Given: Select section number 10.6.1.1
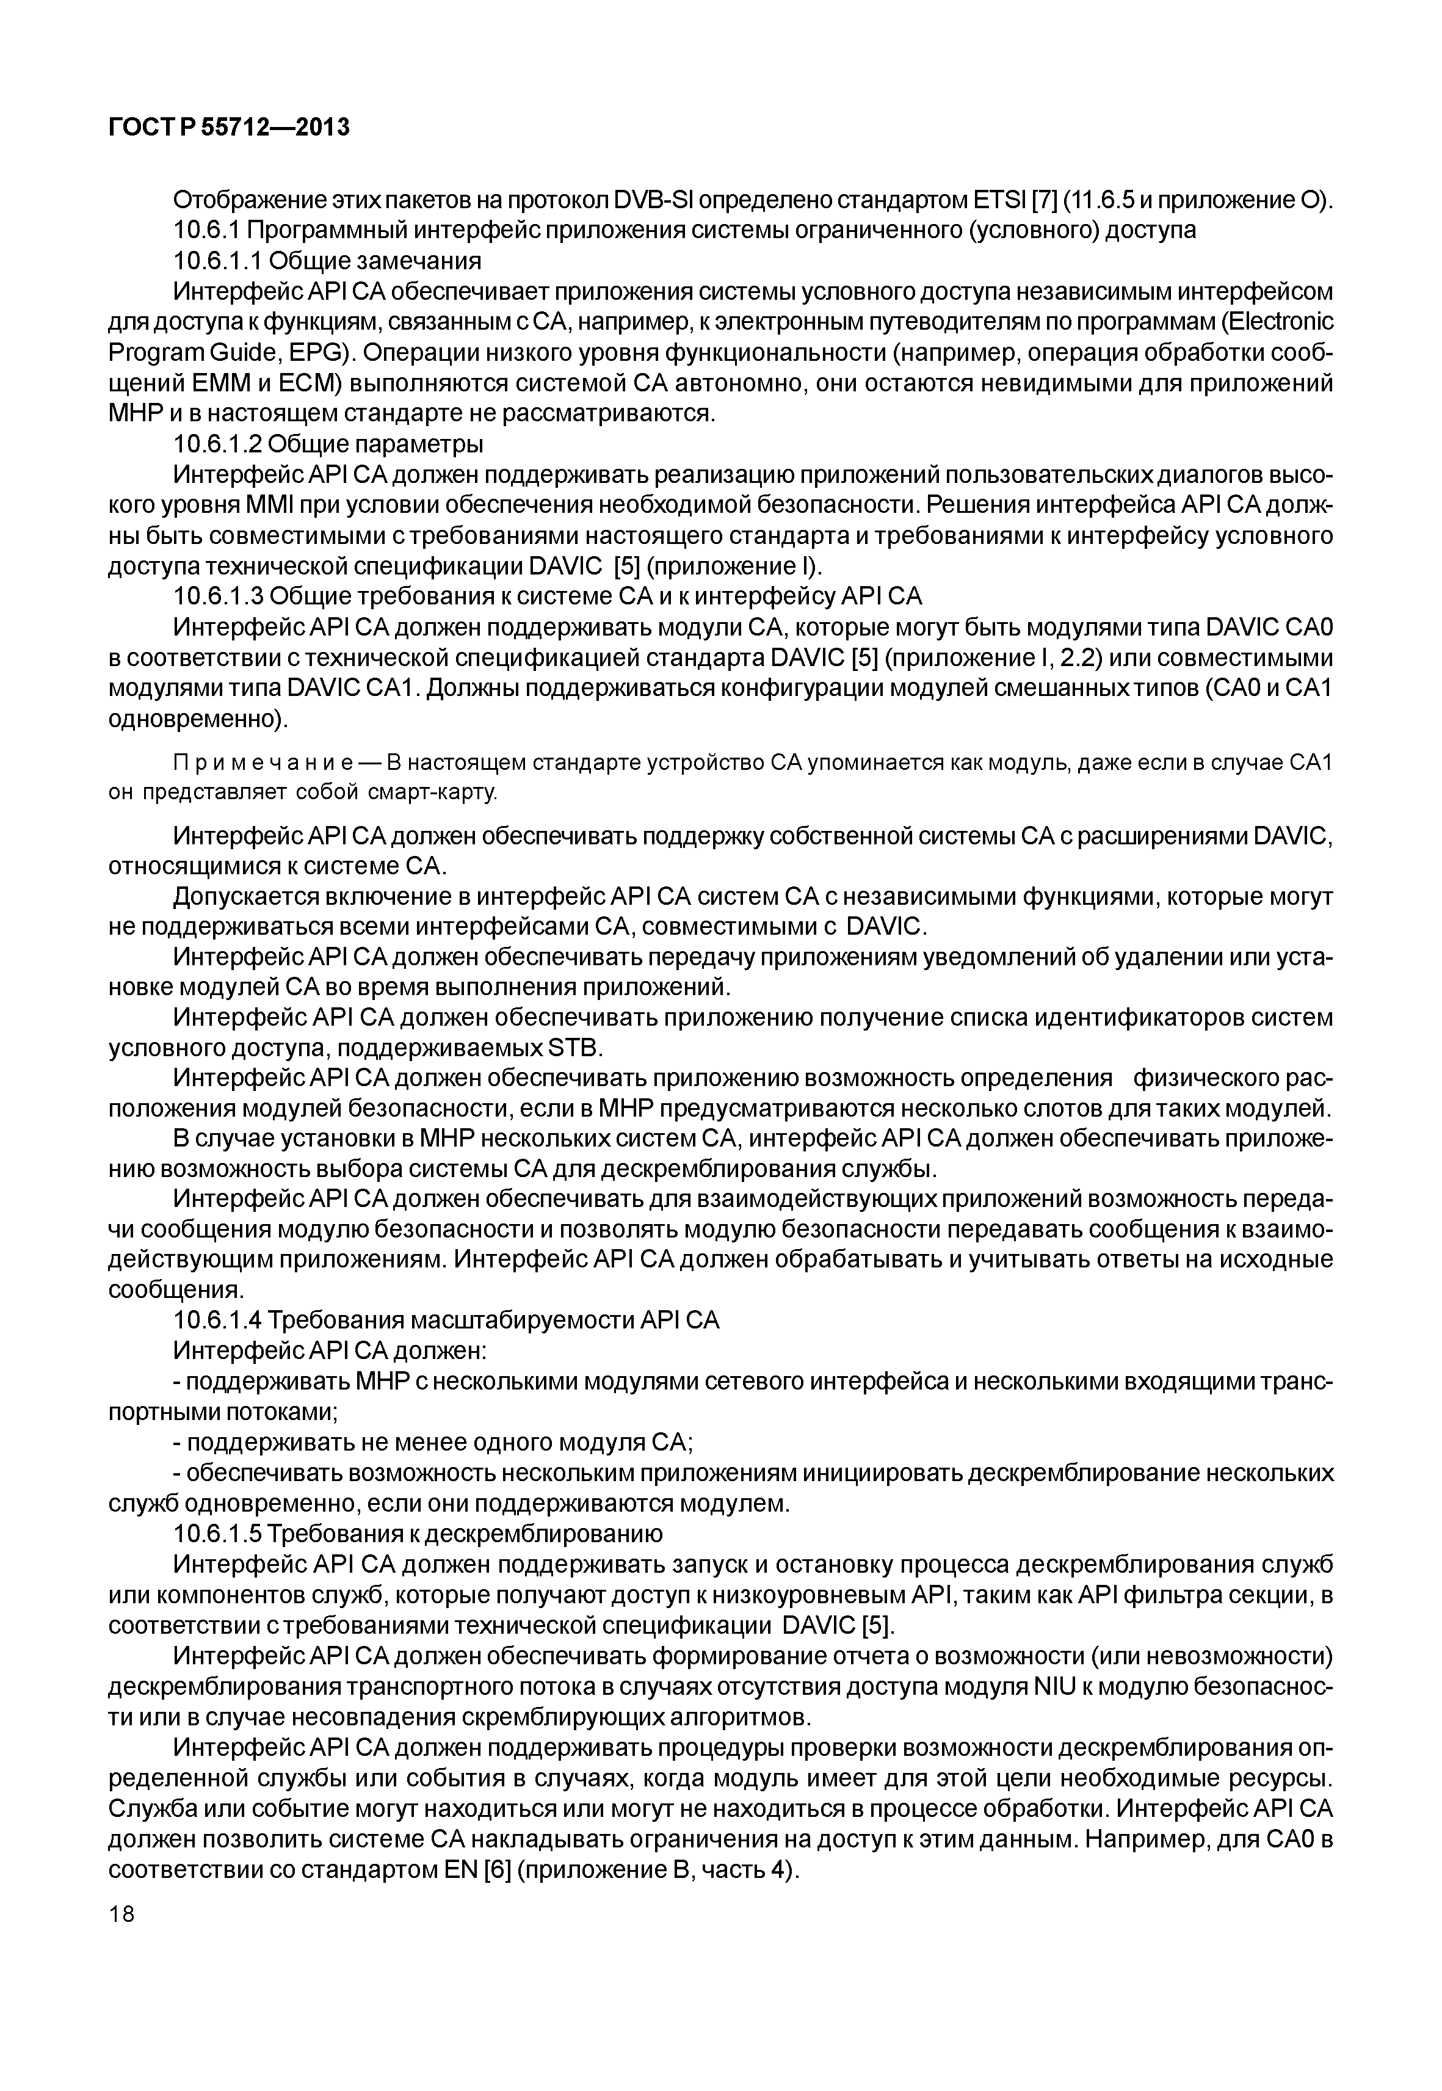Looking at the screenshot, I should (x=217, y=261).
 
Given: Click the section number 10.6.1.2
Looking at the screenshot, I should (x=217, y=444).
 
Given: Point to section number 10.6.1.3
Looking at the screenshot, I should (x=217, y=596).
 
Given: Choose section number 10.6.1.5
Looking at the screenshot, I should (x=217, y=1534).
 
